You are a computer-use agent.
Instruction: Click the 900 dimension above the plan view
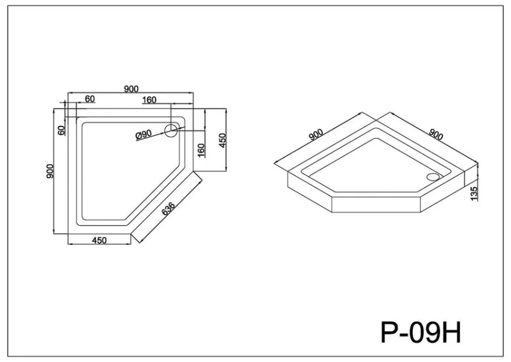pos(131,88)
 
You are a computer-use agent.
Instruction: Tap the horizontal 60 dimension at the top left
pos(90,99)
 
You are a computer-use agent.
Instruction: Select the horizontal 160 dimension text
pos(150,99)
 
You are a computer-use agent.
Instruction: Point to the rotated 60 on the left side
pos(61,130)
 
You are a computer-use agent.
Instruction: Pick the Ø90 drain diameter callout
pos(143,135)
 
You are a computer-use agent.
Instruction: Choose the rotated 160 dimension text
pos(201,148)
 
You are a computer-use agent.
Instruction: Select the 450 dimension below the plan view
pos(99,240)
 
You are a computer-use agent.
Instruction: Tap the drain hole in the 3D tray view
pos(431,177)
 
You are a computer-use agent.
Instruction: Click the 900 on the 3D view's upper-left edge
pos(316,136)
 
